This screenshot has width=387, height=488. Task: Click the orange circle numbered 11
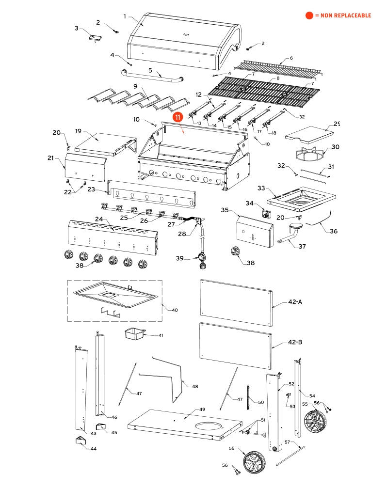coord(178,117)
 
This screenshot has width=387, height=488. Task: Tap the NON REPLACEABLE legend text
coord(343,16)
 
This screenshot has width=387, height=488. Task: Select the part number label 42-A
coord(295,302)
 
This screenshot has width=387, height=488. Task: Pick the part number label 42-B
coord(295,342)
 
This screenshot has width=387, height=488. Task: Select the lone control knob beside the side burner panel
coord(236,252)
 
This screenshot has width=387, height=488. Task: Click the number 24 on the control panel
coord(99,220)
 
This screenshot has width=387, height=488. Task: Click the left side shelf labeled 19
coord(104,143)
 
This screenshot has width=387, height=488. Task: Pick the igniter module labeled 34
coord(265,213)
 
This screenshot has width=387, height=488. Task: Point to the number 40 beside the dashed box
coord(175,309)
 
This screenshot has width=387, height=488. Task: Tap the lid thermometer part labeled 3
coord(94,37)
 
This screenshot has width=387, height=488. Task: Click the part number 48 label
coord(195,386)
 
